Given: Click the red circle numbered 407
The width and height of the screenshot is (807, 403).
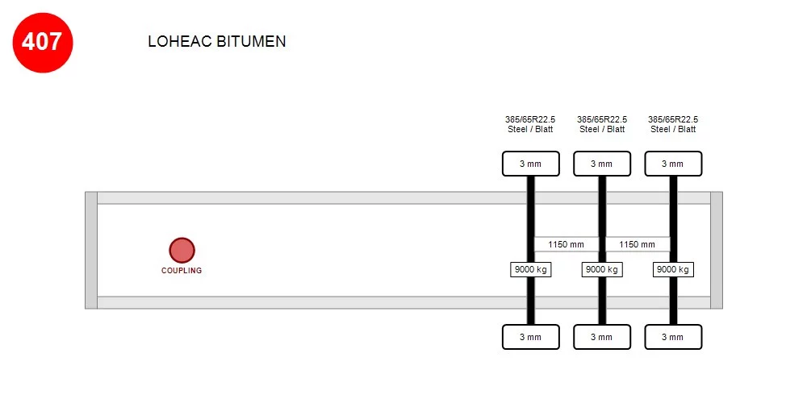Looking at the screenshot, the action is pos(43,43).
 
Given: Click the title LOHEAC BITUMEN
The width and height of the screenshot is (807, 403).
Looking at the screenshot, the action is pos(216,42).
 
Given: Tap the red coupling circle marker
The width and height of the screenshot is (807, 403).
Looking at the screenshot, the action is pos(182,251).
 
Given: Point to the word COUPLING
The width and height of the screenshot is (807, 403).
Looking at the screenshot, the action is pos(182,270).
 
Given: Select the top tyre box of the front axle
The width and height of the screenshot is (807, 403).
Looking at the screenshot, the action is pos(531,164).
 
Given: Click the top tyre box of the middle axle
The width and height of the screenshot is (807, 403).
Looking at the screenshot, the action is pos(602,164).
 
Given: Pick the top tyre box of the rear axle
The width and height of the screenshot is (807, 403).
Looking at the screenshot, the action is pos(673,164).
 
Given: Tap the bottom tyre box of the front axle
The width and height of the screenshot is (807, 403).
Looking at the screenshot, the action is pos(531,337).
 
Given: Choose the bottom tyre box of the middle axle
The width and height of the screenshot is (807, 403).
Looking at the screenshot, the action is pos(602,337).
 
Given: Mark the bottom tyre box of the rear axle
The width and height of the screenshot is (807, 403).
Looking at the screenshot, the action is pos(673,337).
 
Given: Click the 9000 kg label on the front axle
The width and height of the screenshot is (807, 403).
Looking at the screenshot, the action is pos(531,269).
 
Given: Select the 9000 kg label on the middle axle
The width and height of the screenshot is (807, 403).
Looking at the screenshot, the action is pos(602,269).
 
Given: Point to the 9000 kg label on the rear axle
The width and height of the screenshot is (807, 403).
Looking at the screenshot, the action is pos(673,269).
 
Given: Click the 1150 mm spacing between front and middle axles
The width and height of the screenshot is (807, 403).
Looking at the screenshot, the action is pos(567,244).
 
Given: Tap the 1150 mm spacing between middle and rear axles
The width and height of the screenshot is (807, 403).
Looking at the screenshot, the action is pos(638,244).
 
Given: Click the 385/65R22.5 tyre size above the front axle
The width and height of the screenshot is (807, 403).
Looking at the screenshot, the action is pos(530,119).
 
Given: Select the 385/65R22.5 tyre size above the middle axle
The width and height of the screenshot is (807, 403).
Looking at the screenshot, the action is pos(602,119).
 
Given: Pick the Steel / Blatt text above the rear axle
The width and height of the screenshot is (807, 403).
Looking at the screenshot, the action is pos(673,130).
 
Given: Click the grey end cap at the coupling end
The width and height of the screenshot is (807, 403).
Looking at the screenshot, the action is pos(91,251).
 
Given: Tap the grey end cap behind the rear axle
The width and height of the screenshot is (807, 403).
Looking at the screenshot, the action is pos(717,251).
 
